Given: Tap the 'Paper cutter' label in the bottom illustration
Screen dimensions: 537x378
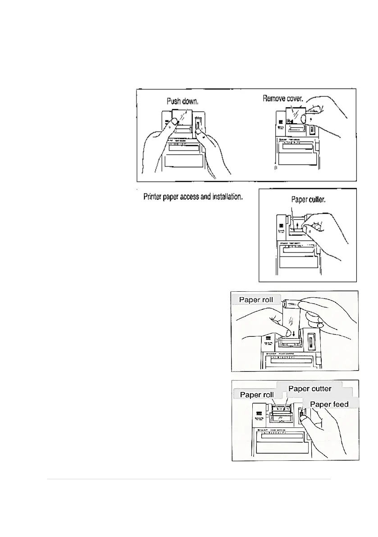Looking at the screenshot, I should point(310,388).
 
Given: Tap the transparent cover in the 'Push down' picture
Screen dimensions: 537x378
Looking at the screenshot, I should point(184,117).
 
